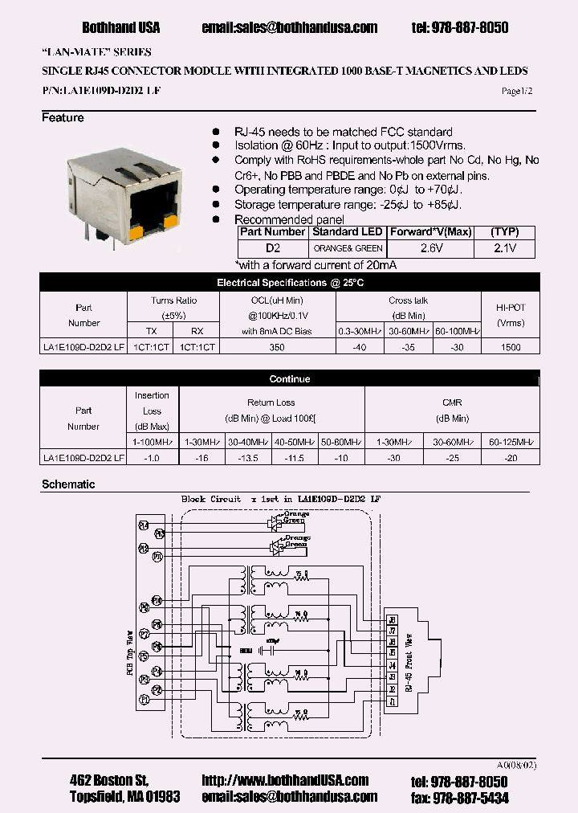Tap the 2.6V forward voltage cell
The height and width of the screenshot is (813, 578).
(x=430, y=248)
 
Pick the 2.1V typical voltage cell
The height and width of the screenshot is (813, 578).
(x=505, y=248)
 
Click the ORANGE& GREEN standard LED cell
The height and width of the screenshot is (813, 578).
(x=347, y=248)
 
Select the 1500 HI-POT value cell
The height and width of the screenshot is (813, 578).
(x=510, y=347)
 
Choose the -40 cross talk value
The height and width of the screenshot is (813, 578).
(x=360, y=347)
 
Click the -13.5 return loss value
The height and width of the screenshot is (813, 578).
(x=249, y=458)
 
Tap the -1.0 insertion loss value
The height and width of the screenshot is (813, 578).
(x=152, y=458)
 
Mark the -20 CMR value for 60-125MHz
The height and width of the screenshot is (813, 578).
(x=510, y=458)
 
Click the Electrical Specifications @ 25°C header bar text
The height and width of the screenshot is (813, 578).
(x=290, y=283)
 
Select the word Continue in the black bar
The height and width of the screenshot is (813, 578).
(x=290, y=379)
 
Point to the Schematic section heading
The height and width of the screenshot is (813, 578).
(x=68, y=484)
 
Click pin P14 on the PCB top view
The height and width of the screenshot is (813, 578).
(x=143, y=525)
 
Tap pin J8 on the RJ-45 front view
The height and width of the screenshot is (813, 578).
(x=392, y=619)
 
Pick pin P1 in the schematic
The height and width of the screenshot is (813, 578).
(x=143, y=701)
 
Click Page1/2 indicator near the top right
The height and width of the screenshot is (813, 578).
(x=516, y=92)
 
